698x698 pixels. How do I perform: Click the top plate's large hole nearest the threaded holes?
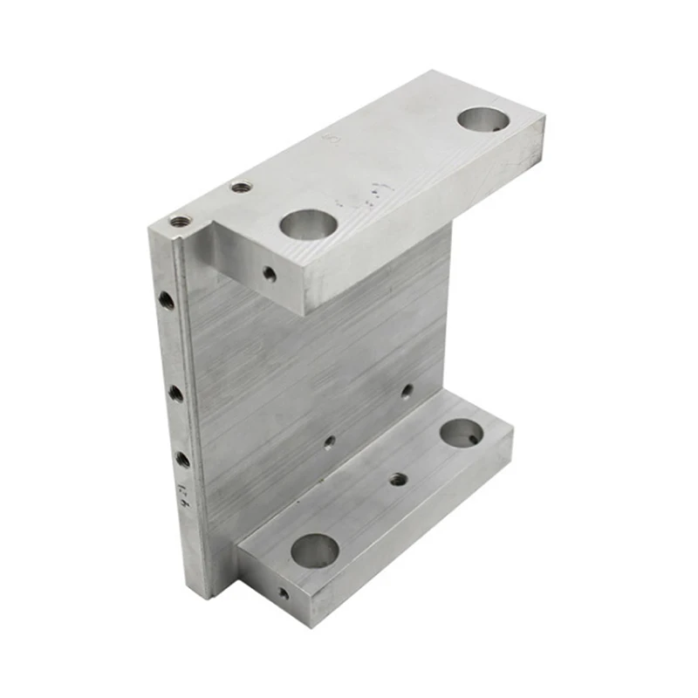tap(308, 225)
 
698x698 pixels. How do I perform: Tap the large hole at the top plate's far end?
tap(482, 120)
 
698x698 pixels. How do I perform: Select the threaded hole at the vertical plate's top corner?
tap(180, 221)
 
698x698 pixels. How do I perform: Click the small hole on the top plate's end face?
tap(270, 275)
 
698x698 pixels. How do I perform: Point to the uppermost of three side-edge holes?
tap(166, 300)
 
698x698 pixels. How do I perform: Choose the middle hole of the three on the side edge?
tap(175, 393)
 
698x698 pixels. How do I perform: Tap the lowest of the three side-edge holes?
tap(182, 459)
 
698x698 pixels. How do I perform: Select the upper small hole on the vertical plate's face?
tap(407, 391)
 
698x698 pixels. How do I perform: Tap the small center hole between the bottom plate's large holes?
tap(398, 479)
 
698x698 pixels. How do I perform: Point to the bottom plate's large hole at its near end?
tap(314, 551)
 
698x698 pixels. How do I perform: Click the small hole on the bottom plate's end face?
tap(284, 593)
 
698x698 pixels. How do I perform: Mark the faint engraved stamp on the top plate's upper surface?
tap(330, 140)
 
